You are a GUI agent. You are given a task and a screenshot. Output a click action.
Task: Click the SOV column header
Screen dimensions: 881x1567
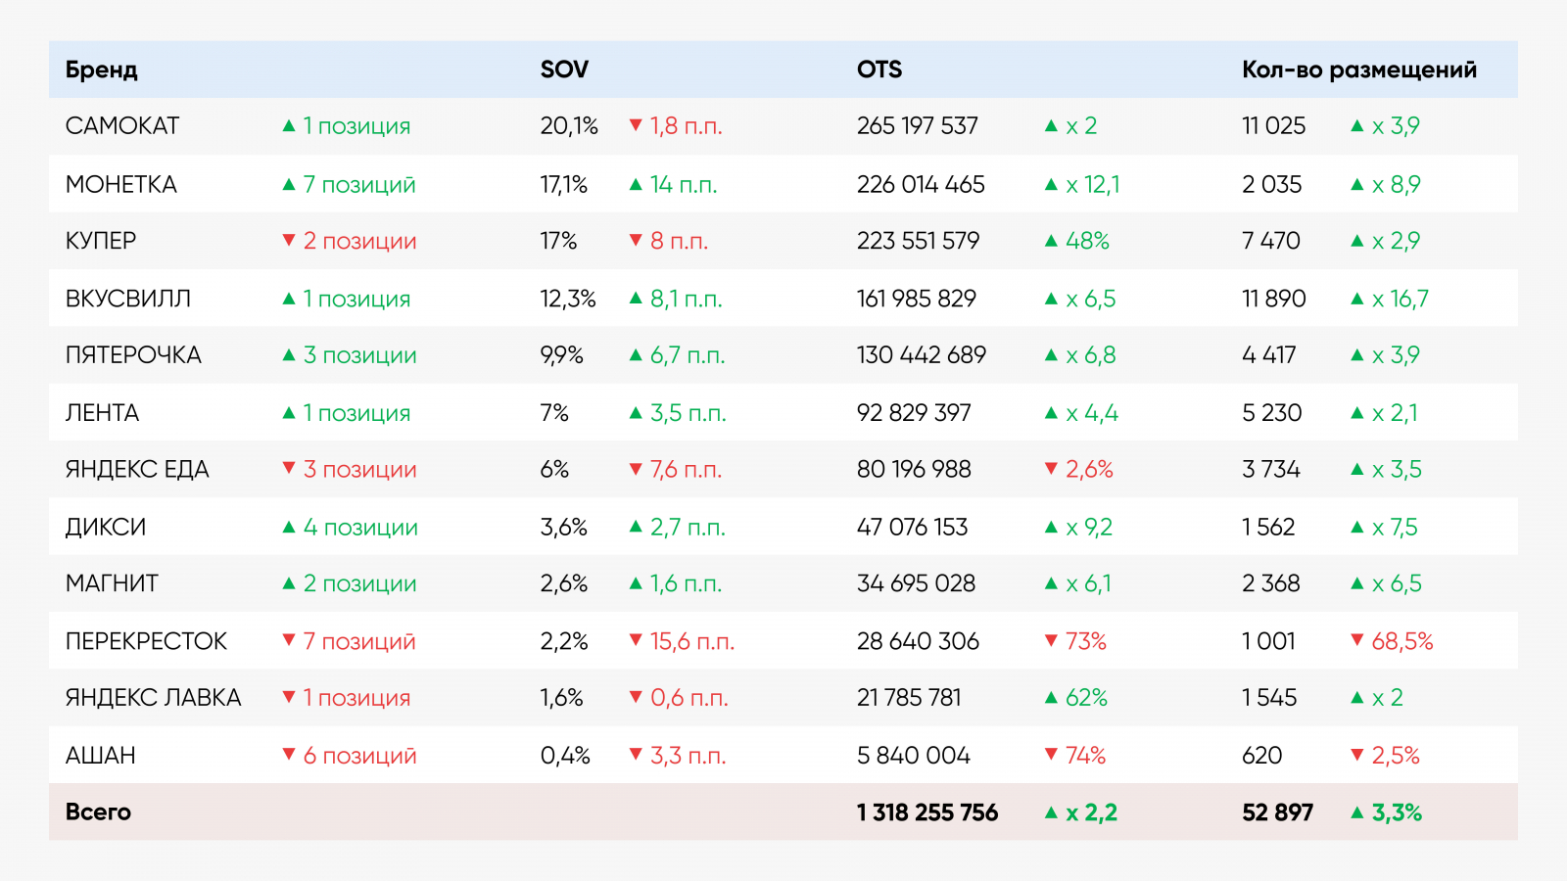(x=564, y=70)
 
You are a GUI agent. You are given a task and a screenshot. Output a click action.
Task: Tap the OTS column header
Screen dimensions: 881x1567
(x=878, y=70)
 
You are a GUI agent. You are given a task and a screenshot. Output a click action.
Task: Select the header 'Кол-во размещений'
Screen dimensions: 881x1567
(x=1358, y=70)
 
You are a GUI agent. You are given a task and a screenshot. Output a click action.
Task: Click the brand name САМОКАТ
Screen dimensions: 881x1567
(x=122, y=126)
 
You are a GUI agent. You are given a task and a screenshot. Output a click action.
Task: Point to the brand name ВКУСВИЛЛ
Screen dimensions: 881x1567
(x=128, y=299)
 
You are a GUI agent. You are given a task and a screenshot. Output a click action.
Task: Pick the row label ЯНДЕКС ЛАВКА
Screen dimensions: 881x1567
(x=153, y=698)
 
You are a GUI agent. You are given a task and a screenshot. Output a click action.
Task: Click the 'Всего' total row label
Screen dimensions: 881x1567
(x=98, y=811)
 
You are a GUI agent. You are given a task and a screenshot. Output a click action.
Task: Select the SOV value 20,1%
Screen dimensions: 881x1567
(x=569, y=126)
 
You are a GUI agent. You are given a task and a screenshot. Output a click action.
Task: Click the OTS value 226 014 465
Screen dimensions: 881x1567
(x=921, y=184)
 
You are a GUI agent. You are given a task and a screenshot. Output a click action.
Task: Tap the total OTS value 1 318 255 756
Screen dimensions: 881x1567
(x=926, y=812)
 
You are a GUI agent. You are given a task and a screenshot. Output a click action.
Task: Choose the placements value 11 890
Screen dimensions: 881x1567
(x=1273, y=299)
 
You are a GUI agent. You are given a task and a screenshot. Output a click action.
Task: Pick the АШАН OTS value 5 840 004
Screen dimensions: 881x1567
(x=913, y=756)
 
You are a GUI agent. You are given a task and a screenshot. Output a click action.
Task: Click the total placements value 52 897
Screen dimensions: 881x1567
(x=1277, y=812)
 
